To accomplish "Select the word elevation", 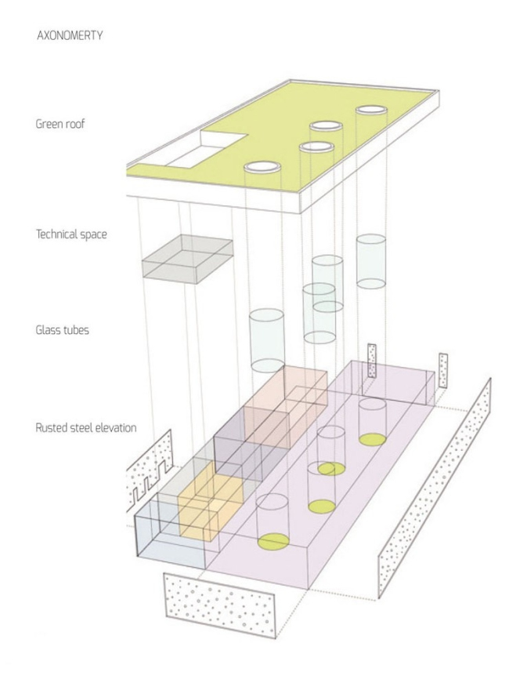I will tap(117, 428).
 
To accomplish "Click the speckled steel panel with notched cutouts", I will tap(149, 474).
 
